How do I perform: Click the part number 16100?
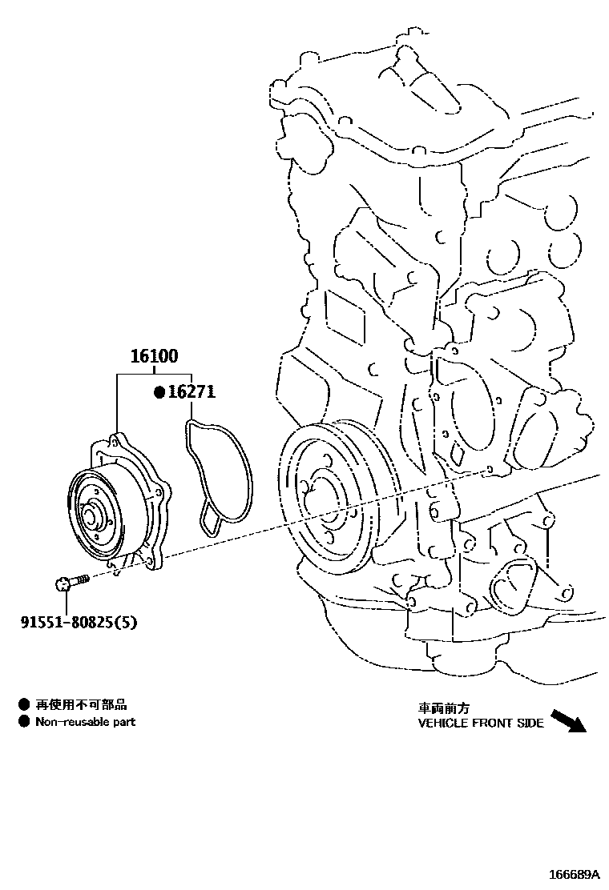(155, 357)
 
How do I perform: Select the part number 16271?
(192, 392)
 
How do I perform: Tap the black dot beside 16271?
(159, 392)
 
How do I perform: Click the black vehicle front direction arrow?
(570, 720)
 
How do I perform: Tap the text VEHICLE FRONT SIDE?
(481, 723)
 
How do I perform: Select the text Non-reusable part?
(85, 722)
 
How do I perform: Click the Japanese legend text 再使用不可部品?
(81, 705)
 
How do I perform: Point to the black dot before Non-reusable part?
(24, 722)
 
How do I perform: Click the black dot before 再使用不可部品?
(24, 705)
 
